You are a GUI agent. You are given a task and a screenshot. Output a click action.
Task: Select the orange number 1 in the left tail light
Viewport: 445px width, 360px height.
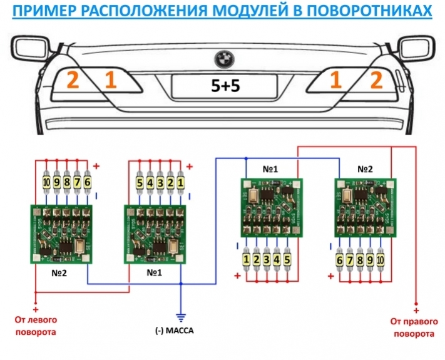coord(111,81)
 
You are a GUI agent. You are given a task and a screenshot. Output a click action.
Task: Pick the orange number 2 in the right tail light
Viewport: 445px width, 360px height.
coord(376,80)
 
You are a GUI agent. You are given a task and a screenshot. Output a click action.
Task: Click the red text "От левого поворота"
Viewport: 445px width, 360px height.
coord(36,326)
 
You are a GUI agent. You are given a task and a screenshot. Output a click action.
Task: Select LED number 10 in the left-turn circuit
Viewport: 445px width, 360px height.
coord(46,182)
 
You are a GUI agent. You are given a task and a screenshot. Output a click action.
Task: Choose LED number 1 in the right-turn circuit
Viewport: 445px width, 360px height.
coord(247,258)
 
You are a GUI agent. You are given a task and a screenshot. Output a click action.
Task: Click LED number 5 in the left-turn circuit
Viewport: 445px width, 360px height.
coord(141,182)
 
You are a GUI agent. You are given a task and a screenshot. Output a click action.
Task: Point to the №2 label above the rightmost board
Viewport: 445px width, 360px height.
coord(366,169)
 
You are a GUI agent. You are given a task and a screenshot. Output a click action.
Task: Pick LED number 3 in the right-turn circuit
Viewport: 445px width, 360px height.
coord(267,258)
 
